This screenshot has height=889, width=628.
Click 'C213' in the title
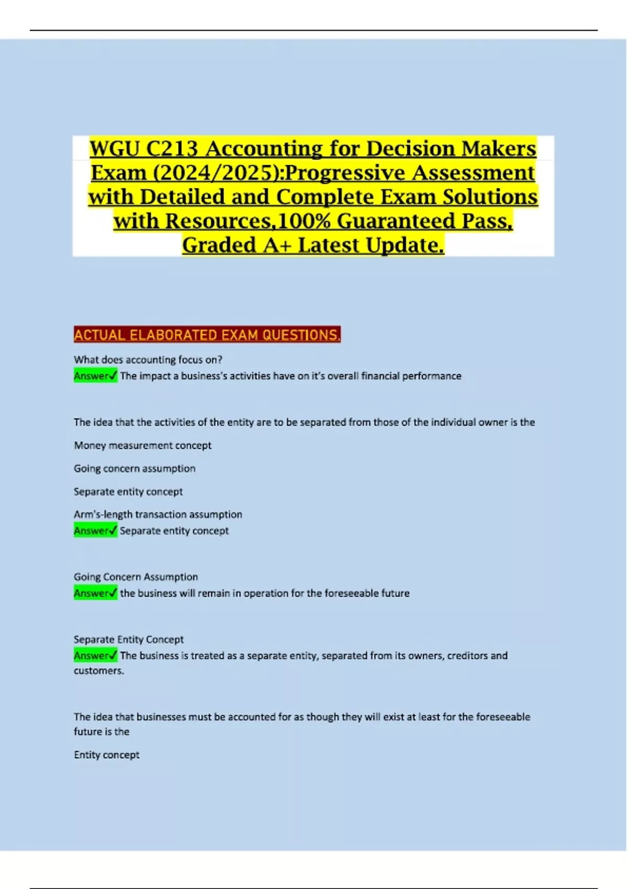tap(172, 149)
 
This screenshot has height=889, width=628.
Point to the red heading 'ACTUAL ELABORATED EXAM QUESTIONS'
tap(207, 335)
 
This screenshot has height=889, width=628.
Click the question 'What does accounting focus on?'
tap(148, 360)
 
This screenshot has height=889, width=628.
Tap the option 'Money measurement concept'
tap(142, 446)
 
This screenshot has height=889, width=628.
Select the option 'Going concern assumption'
tap(134, 469)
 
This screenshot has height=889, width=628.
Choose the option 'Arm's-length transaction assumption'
tap(158, 515)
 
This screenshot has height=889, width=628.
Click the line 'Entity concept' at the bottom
tap(107, 755)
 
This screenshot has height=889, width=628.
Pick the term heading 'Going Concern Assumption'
tap(136, 577)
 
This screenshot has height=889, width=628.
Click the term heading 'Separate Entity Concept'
tap(129, 640)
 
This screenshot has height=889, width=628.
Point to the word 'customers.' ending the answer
tap(99, 671)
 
